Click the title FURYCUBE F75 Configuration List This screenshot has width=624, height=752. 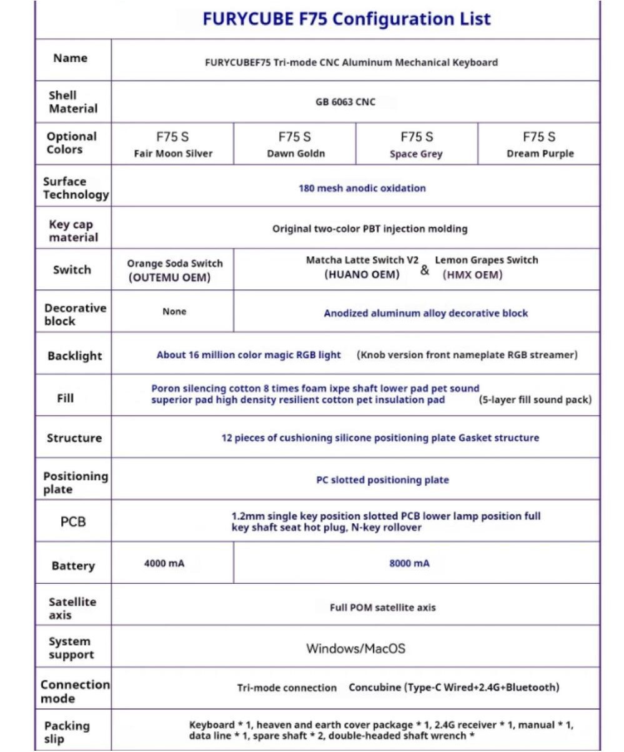tap(347, 19)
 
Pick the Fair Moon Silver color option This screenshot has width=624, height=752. tap(172, 145)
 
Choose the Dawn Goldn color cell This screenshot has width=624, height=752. tap(295, 145)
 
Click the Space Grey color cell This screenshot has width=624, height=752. tap(416, 145)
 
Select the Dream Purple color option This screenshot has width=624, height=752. tap(539, 145)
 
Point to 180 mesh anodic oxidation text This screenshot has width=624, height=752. tap(362, 188)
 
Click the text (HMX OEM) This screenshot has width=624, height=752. tap(472, 274)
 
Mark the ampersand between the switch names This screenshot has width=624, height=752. tap(425, 270)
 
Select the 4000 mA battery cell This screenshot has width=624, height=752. tap(164, 563)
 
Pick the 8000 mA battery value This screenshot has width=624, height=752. tap(409, 563)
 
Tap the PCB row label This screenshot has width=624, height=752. tap(73, 521)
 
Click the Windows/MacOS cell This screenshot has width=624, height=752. tap(355, 648)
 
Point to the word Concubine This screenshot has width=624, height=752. tap(374, 688)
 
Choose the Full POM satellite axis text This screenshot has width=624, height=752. tap(382, 607)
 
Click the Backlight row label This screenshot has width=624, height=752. tap(74, 356)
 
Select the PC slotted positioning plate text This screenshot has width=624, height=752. tap(382, 479)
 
